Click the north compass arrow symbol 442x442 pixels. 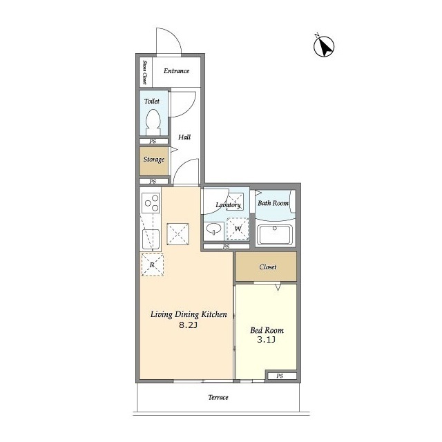click(x=324, y=46)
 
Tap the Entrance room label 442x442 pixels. click(x=177, y=70)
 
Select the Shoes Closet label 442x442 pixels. click(x=145, y=72)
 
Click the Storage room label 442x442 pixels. click(x=153, y=160)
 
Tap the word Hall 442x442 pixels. click(x=184, y=137)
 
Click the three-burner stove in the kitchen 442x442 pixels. click(x=151, y=202)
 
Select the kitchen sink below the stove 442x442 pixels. click(x=151, y=239)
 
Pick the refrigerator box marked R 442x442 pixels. click(x=152, y=265)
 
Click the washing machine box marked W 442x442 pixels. click(x=238, y=229)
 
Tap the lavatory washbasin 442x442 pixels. click(x=213, y=229)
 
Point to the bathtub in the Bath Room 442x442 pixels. click(x=275, y=235)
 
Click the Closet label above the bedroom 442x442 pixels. click(x=268, y=267)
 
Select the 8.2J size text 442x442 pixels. click(x=188, y=325)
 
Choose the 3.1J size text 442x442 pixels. click(x=266, y=340)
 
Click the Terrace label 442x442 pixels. click(x=218, y=398)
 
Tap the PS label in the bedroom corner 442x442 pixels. click(x=280, y=376)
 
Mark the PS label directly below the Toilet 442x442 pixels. click(x=153, y=141)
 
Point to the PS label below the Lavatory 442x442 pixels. click(x=226, y=247)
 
